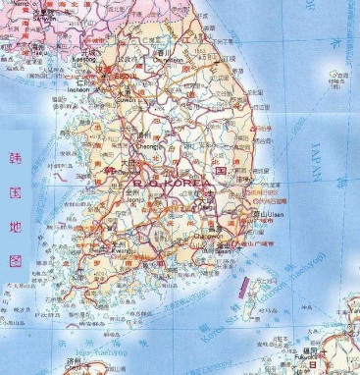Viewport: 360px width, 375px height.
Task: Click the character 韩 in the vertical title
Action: point(15,158)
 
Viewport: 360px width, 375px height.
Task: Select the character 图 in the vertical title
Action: point(15,261)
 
